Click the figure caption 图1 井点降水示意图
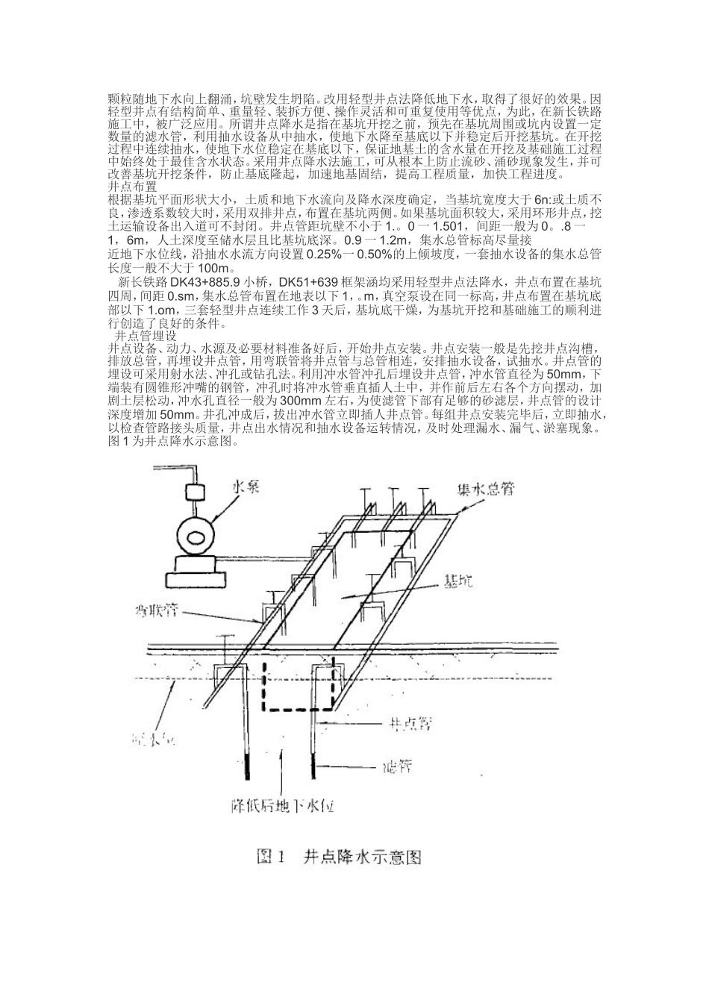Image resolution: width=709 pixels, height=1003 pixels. click(340, 856)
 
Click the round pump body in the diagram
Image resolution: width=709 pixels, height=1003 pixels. click(198, 536)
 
